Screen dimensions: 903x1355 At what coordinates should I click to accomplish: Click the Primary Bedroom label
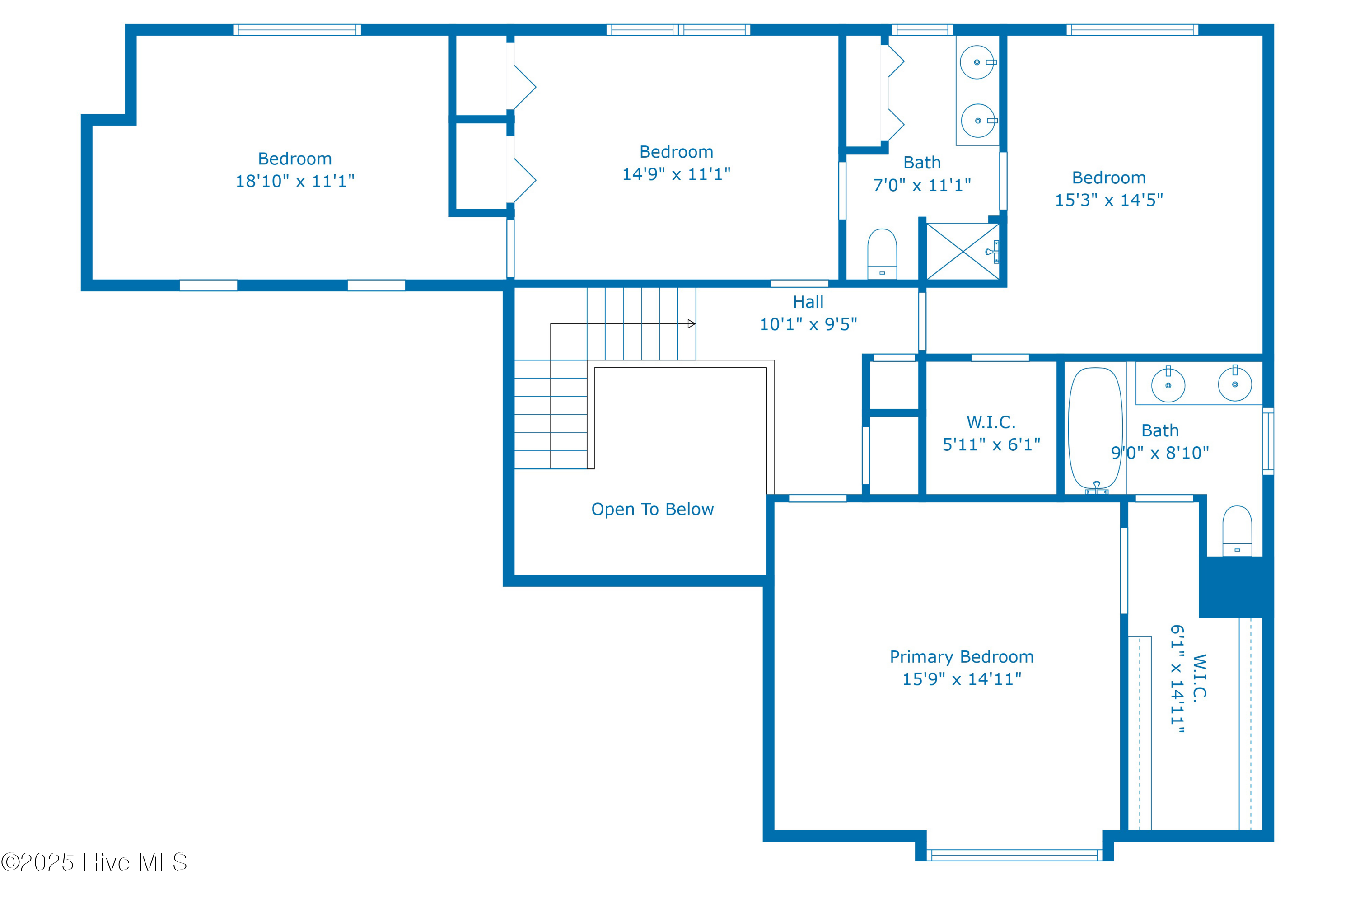click(961, 656)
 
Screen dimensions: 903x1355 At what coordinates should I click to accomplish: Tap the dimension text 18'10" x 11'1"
click(295, 181)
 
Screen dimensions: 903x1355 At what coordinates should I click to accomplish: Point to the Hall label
click(808, 302)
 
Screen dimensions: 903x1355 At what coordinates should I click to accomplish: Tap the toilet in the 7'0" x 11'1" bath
click(881, 253)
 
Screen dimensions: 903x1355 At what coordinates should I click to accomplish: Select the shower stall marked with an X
click(962, 252)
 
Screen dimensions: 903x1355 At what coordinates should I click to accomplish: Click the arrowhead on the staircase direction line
click(691, 323)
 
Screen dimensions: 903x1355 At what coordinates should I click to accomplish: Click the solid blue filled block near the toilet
click(1235, 586)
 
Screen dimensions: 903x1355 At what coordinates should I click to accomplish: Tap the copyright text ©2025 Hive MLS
click(94, 862)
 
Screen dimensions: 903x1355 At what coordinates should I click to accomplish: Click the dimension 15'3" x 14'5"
click(1108, 200)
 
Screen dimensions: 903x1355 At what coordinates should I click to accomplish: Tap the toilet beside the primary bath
click(1236, 530)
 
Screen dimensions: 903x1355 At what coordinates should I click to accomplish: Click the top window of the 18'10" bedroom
click(297, 30)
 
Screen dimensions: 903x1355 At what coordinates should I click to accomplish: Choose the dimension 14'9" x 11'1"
click(676, 174)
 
